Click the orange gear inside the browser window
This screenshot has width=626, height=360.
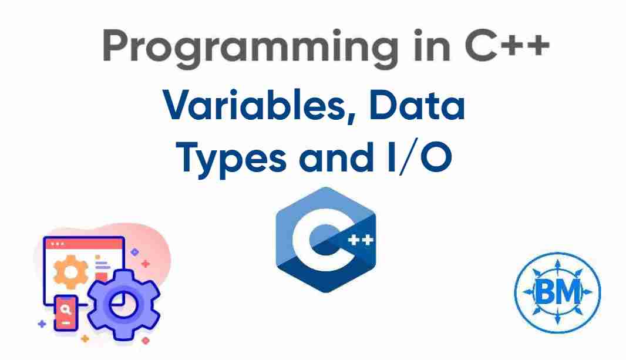[70, 271]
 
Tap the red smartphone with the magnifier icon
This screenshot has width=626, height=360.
[67, 312]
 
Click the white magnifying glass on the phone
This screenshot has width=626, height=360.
[67, 307]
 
